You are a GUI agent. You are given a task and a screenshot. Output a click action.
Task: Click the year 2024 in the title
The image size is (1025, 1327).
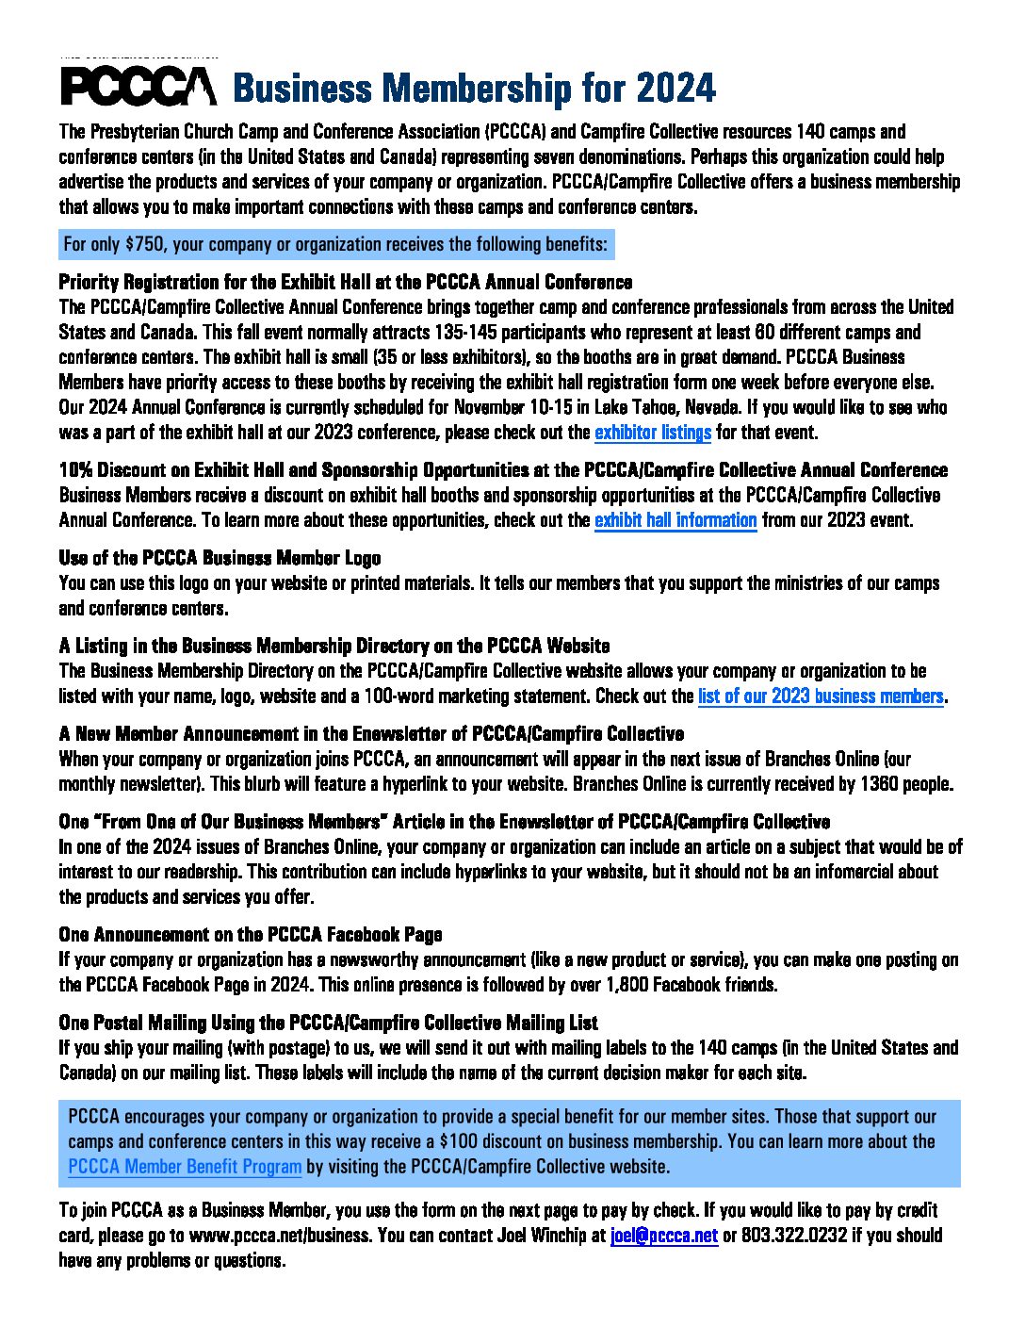[675, 89]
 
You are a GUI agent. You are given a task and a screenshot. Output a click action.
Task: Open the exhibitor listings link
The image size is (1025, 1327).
[653, 433]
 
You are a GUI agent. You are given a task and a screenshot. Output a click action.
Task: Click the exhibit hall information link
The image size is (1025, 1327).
[675, 520]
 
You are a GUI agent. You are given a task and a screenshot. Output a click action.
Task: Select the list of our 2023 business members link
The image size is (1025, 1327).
[821, 696]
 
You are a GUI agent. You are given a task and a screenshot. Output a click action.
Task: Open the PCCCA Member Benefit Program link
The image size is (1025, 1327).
[185, 1167]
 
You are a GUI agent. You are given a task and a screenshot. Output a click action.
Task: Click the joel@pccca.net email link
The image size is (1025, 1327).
[664, 1236]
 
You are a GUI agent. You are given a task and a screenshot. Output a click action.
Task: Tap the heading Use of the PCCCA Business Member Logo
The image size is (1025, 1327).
[220, 558]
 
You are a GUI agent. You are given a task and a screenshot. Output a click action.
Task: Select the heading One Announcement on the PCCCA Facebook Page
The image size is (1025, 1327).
[250, 935]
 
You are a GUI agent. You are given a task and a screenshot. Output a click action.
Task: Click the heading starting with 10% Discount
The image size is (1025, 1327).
[503, 470]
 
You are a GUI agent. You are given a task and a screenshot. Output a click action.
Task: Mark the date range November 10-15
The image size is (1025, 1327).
[512, 408]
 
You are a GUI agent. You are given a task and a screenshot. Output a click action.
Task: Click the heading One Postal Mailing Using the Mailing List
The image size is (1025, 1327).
[328, 1023]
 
